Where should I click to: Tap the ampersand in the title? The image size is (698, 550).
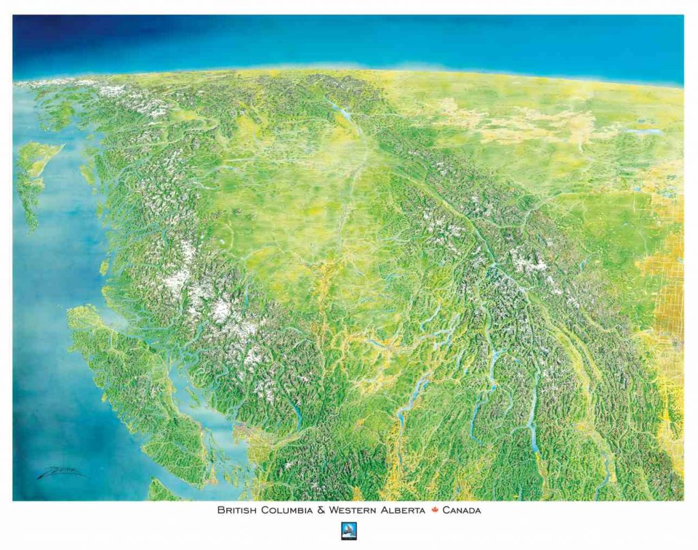click(320, 510)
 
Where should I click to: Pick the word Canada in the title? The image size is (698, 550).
click(461, 510)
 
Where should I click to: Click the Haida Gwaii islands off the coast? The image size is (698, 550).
click(31, 177)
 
